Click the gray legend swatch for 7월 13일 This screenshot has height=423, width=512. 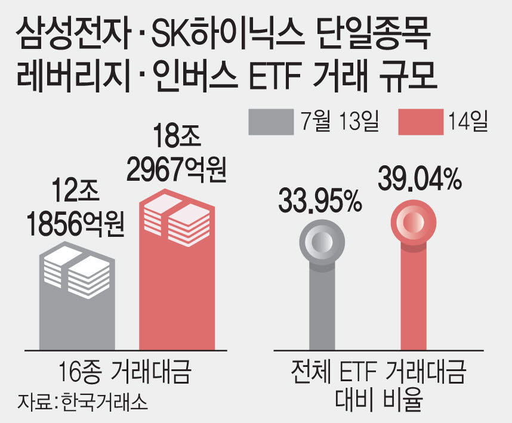(271, 122)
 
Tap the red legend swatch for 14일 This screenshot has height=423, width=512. (421, 122)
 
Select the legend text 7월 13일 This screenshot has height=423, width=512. (340, 122)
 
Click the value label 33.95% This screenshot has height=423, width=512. (320, 200)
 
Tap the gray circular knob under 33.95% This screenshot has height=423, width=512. (322, 242)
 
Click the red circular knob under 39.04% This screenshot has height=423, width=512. (414, 223)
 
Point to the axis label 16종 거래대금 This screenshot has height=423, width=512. (125, 372)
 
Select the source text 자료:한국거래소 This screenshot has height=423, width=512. (82, 402)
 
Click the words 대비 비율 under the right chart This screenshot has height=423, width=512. (379, 399)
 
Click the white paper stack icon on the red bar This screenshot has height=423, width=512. (177, 220)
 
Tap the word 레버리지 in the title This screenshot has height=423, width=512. (73, 77)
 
